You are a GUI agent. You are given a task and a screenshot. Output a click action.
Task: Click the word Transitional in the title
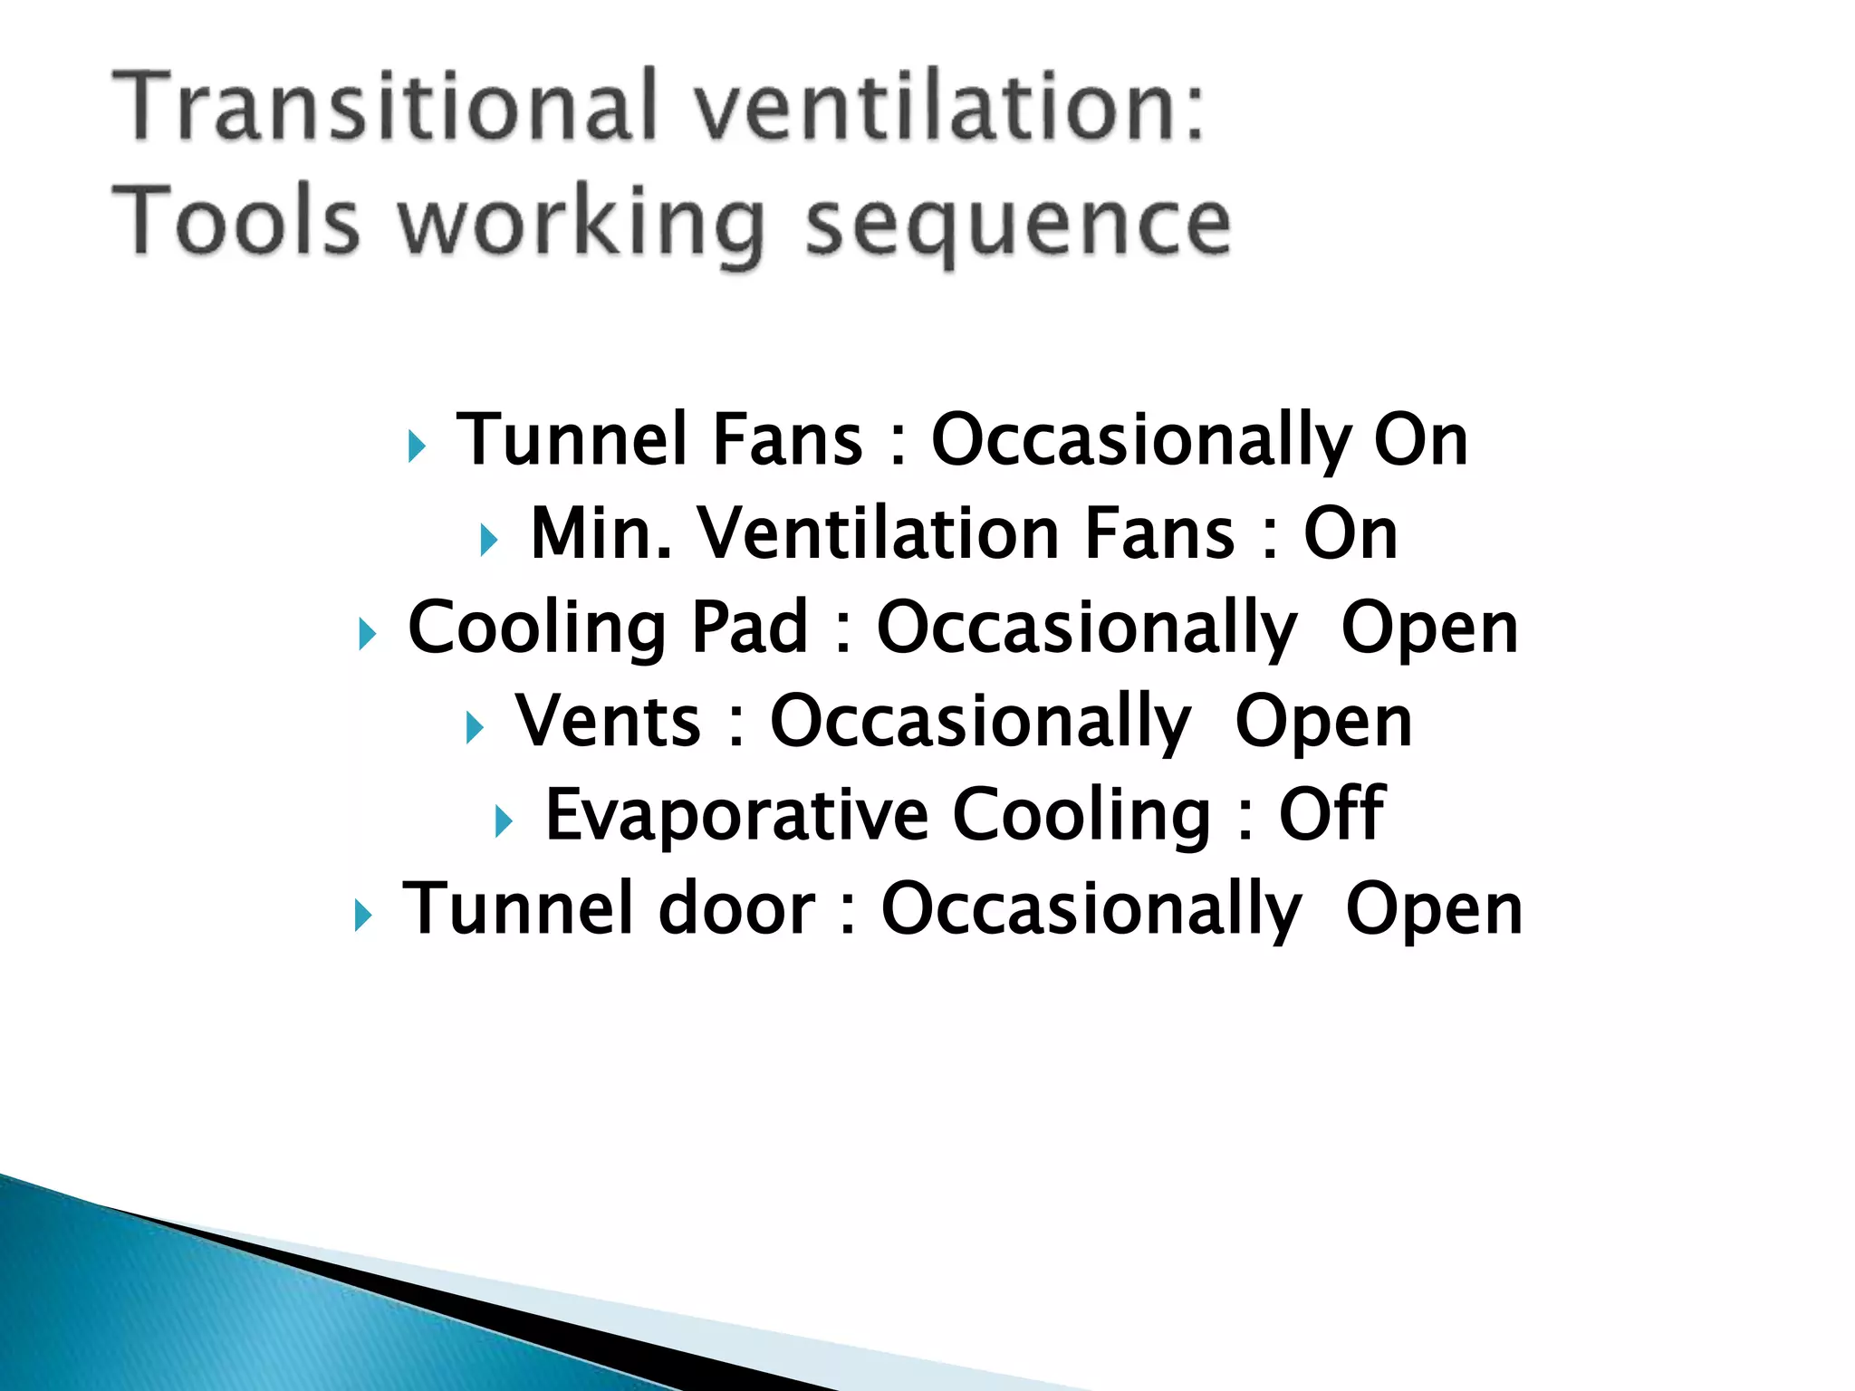tap(384, 106)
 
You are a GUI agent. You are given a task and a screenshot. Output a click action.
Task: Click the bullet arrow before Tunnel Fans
tap(416, 446)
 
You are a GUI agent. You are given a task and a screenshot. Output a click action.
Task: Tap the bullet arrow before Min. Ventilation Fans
tap(489, 541)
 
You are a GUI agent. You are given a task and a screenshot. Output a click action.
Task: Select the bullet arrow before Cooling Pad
tap(367, 634)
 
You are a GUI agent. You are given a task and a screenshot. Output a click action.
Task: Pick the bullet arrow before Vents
tap(475, 727)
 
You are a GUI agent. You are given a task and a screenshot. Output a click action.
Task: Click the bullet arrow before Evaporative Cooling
tap(505, 821)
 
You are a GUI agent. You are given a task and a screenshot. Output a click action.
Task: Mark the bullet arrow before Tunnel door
tap(362, 916)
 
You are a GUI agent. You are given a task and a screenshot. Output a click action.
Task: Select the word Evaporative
tap(736, 815)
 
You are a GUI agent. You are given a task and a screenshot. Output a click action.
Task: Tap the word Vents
tap(608, 721)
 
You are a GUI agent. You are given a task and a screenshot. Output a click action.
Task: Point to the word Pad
tap(750, 627)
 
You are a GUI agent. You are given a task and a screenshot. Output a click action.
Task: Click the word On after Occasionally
tap(1420, 440)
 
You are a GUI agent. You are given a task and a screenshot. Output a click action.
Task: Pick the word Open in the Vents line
tap(1323, 723)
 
